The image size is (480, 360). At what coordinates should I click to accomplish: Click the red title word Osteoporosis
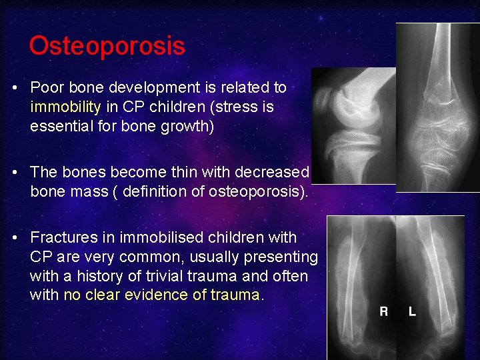click(x=107, y=47)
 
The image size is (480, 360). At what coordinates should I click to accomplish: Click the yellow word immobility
click(x=65, y=107)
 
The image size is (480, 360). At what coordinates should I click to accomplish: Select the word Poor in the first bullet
click(x=45, y=87)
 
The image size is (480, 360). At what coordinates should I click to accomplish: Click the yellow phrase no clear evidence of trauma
click(x=162, y=295)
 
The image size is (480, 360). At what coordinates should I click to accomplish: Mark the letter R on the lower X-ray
click(x=384, y=311)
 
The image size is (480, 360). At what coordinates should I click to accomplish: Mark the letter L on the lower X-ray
click(x=411, y=311)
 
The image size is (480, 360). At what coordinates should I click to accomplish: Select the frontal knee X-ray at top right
click(x=437, y=107)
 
